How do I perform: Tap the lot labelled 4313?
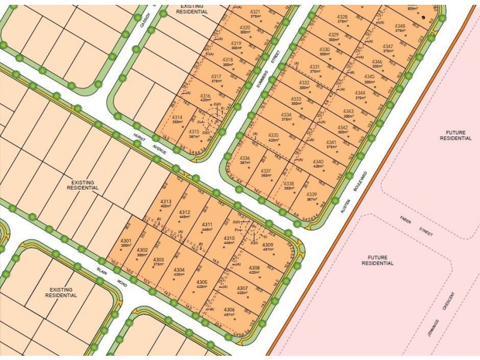click(166, 201)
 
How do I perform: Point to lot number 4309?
click(268, 245)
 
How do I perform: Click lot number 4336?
click(245, 158)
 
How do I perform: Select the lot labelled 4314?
click(177, 118)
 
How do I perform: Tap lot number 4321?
click(256, 12)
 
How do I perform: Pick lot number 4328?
click(342, 17)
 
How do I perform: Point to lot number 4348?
click(400, 26)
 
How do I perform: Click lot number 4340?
click(318, 161)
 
